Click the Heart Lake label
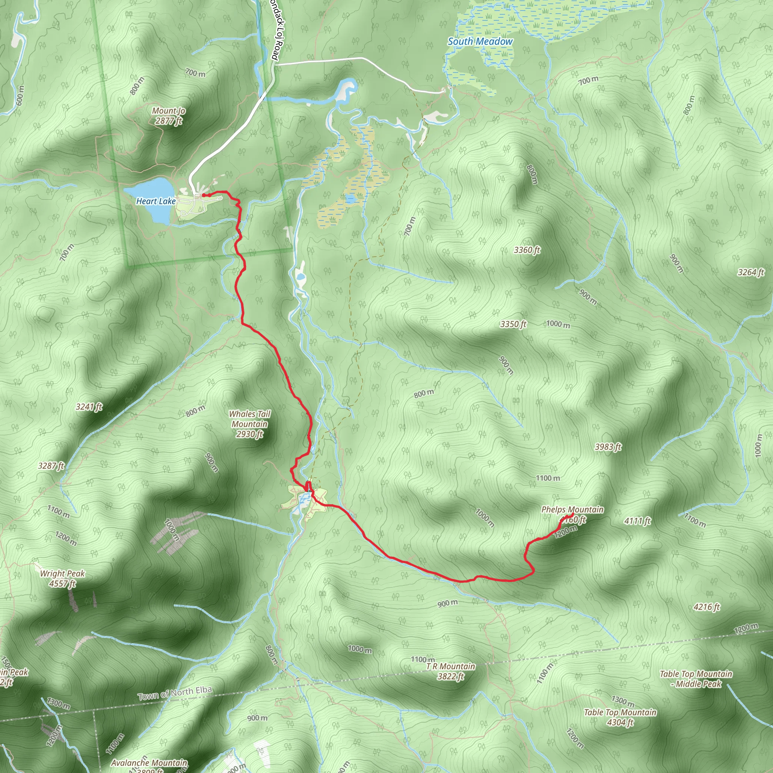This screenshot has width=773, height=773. click(x=156, y=201)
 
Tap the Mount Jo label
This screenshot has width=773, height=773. click(x=168, y=111)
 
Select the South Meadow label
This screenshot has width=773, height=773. click(x=480, y=41)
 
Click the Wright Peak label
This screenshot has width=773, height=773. click(x=62, y=573)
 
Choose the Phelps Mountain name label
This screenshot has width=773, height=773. click(x=572, y=509)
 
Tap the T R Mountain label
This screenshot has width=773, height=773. click(x=451, y=666)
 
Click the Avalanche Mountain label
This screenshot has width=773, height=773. click(x=149, y=762)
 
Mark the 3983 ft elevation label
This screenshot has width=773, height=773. click(x=608, y=447)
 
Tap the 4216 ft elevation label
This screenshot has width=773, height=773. click(x=707, y=607)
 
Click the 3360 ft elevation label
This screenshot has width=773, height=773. click(x=527, y=250)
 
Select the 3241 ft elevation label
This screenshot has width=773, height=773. click(x=89, y=407)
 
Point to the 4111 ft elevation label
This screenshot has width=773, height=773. click(x=637, y=520)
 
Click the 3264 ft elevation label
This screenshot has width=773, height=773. click(x=751, y=273)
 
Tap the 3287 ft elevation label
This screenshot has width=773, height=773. click(x=51, y=466)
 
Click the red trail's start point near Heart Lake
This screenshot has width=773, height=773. click(x=204, y=195)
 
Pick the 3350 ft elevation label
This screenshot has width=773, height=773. click(x=513, y=324)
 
